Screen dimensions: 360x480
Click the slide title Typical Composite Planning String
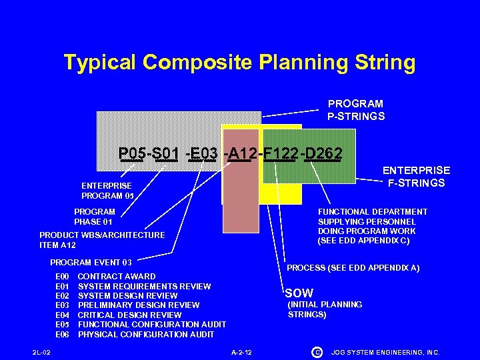tap(239, 63)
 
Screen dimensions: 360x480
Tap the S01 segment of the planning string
tap(165, 155)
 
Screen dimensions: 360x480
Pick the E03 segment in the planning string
tap(203, 155)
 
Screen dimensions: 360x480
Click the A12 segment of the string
tap(241, 155)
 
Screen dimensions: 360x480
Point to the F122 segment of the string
tap(279, 155)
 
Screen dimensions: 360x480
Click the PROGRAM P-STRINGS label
tap(355, 110)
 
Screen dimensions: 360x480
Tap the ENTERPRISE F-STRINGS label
tap(415, 177)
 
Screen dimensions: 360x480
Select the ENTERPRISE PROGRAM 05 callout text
tap(107, 191)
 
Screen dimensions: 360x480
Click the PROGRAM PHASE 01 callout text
tap(94, 217)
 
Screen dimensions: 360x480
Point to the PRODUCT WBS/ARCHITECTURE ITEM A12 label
tap(102, 240)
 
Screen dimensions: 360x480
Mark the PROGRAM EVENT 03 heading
tap(91, 262)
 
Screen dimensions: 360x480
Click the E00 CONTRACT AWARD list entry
tap(105, 276)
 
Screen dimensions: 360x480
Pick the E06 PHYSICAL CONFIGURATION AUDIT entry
tap(135, 334)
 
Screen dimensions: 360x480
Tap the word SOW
tap(299, 293)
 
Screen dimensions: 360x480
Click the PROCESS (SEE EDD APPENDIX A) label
tap(353, 268)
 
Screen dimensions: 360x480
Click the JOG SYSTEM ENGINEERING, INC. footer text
tap(385, 351)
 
